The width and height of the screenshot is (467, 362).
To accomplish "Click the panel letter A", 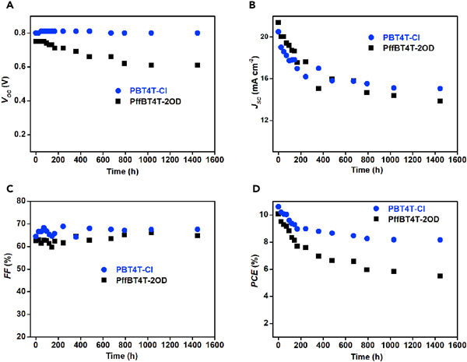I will click(x=5, y=5).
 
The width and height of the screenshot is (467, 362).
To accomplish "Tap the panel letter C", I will click(x=5, y=188).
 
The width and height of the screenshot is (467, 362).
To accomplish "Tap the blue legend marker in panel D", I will click(x=358, y=209).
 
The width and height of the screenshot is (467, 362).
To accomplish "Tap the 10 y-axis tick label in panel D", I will click(x=262, y=215).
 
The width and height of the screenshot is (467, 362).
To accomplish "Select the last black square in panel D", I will click(x=441, y=276).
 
